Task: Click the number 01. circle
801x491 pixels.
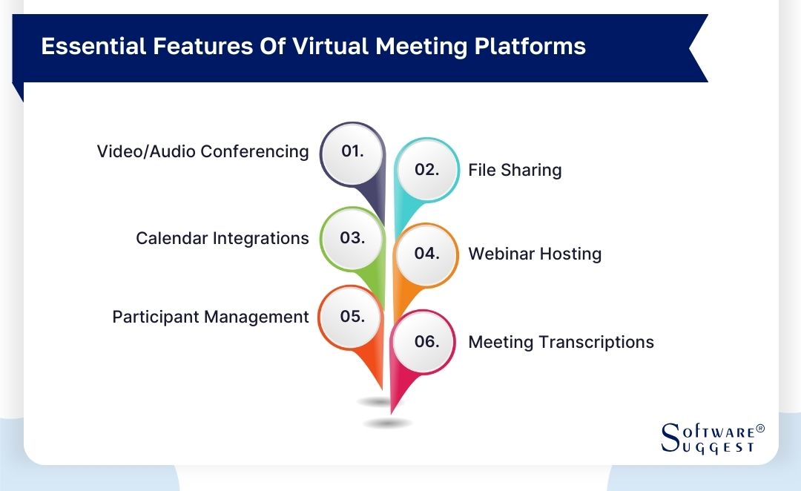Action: point(352,151)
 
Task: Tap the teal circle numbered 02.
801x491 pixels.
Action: point(426,170)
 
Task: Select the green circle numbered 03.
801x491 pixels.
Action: point(352,238)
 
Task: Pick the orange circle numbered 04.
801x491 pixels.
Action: point(426,254)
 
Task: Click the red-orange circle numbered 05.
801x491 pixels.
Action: point(352,317)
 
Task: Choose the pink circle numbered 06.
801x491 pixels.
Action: point(426,342)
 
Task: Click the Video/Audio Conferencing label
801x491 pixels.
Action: point(202,151)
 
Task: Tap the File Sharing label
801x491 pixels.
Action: point(515,170)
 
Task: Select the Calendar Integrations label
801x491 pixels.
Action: point(222,238)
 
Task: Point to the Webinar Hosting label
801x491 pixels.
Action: point(534,254)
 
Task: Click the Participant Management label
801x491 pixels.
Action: point(210,317)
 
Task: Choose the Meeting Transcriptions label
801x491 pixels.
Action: point(561,342)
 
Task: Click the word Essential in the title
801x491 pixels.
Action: point(82,46)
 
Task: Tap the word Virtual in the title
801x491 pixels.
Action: point(329,46)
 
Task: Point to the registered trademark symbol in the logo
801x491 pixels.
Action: point(759,429)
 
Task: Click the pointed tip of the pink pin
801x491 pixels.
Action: point(392,412)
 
